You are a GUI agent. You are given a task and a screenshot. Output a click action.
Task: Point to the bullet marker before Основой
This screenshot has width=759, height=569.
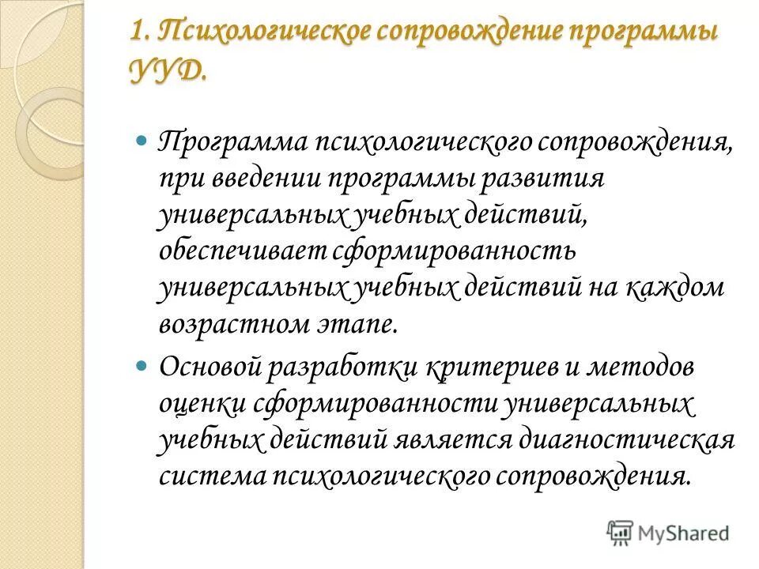coord(142,367)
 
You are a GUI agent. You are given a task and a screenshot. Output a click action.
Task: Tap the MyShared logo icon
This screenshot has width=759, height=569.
coord(620,532)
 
